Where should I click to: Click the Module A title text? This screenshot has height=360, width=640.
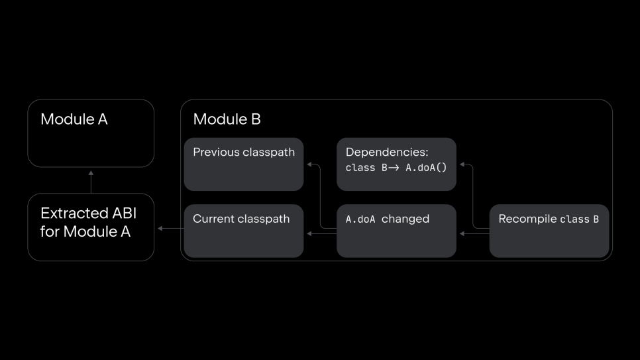[74, 119]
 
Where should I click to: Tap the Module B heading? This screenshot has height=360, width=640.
[227, 119]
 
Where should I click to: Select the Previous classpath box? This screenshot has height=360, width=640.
[244, 164]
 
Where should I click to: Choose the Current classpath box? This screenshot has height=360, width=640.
[244, 231]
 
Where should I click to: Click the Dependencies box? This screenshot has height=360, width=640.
[396, 164]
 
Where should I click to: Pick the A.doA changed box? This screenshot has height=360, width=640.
[396, 231]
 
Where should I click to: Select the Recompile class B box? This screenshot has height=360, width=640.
[549, 231]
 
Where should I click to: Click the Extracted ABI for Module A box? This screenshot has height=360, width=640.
[91, 227]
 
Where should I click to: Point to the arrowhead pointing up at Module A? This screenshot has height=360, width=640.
[91, 173]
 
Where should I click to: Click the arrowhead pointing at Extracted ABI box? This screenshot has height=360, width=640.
[160, 229]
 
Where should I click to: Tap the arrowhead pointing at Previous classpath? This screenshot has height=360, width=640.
[310, 164]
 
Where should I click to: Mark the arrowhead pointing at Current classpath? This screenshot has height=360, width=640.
[310, 234]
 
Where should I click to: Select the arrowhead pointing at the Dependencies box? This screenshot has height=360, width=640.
[462, 164]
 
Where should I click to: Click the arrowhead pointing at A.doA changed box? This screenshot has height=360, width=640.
[462, 234]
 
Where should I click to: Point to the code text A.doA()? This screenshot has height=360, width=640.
[426, 168]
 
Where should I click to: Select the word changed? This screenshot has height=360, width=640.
[405, 219]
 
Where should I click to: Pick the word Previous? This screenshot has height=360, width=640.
[217, 152]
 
